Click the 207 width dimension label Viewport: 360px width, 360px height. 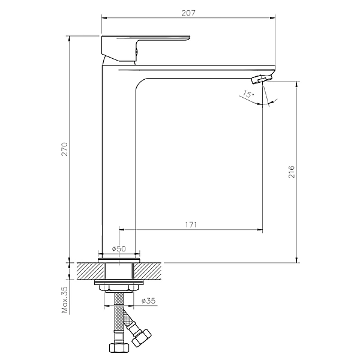click(188, 13)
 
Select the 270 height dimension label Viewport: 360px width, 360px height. click(65, 149)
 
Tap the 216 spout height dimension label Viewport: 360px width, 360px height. click(291, 172)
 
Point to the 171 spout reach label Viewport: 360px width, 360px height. click(191, 224)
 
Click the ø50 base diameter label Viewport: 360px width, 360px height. click(119, 248)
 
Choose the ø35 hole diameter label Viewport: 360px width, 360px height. click(148, 301)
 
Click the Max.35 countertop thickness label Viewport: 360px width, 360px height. click(65, 299)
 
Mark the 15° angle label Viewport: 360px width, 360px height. click(248, 94)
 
